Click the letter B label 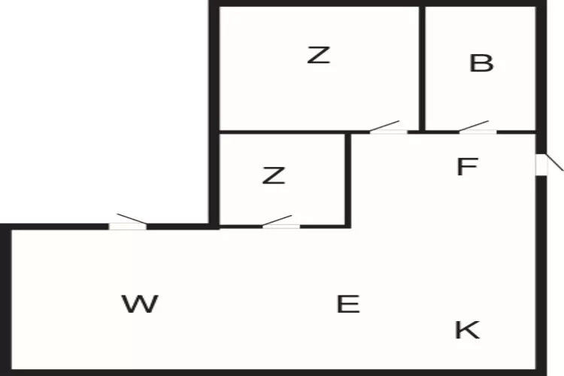click(x=481, y=64)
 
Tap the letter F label click(x=467, y=167)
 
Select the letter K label click(x=467, y=329)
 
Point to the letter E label click(x=347, y=305)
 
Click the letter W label click(x=140, y=305)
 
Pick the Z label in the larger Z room click(x=319, y=55)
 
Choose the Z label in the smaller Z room click(x=274, y=176)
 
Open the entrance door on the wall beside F click(x=541, y=164)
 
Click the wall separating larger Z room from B click(x=423, y=68)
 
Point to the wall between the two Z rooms click(x=282, y=133)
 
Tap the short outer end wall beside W click(x=6, y=301)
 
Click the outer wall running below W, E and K click(x=271, y=371)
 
